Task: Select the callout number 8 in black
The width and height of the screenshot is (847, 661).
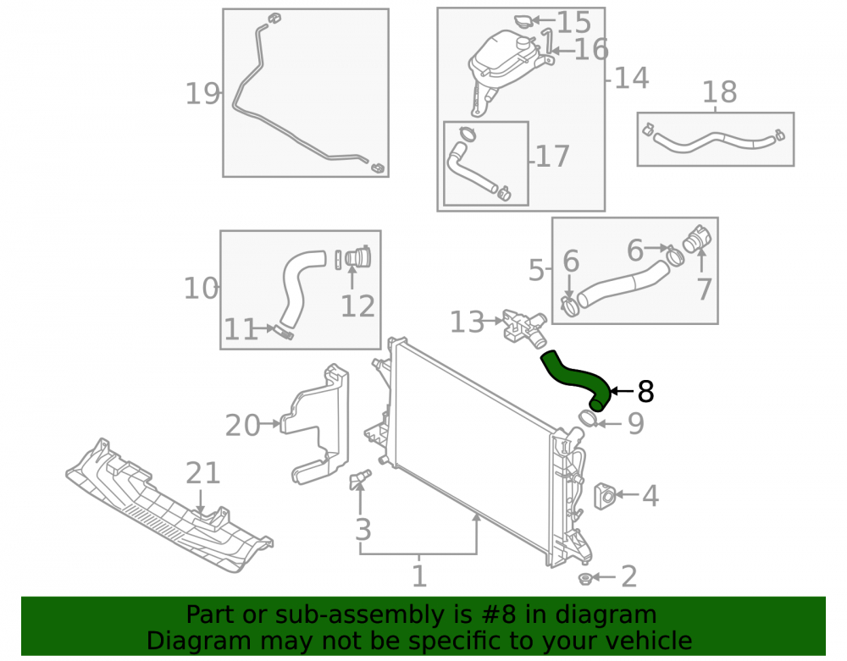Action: point(645,392)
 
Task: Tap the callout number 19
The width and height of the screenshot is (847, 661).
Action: point(202,94)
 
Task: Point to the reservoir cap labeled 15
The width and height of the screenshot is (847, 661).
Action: point(523,22)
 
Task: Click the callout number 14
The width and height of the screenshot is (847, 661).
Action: point(632,78)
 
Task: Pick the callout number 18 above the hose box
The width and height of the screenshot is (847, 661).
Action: point(719,92)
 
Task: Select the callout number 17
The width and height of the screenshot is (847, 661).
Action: point(552,157)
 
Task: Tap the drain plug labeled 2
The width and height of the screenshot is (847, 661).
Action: point(584,578)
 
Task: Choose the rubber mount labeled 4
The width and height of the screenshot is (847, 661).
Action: point(605,496)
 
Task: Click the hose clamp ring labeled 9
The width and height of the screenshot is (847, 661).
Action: point(587,418)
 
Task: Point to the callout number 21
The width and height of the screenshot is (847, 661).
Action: point(203,473)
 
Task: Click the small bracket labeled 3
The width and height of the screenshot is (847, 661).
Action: point(361,477)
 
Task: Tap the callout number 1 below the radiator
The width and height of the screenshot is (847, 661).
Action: point(420,576)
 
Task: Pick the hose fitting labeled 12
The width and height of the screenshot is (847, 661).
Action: point(357,256)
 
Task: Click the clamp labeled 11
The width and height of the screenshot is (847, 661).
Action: point(285,333)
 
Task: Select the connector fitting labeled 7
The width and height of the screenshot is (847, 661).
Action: point(697,240)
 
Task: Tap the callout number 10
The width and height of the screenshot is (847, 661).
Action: point(201,289)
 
